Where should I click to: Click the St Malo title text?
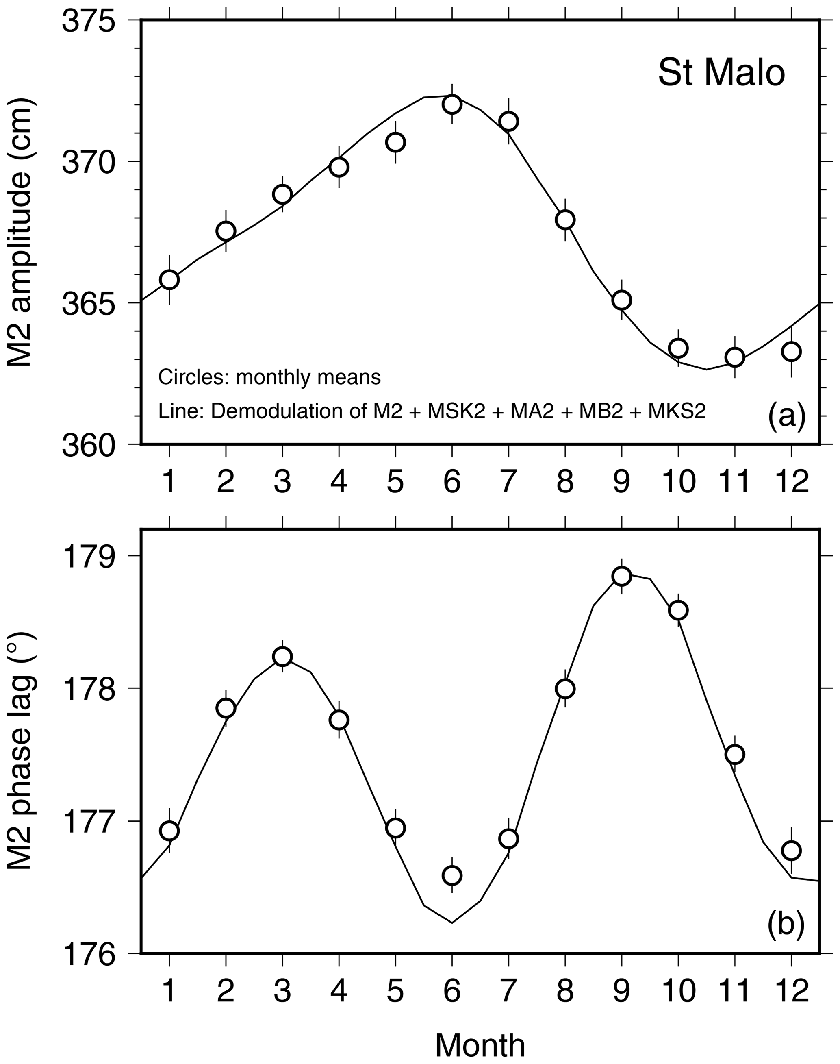pyautogui.click(x=721, y=73)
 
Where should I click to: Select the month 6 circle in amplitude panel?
pyautogui.click(x=451, y=104)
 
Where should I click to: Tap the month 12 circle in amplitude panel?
pyautogui.click(x=791, y=352)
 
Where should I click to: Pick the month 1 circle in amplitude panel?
pyautogui.click(x=169, y=279)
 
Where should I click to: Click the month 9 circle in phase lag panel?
pyautogui.click(x=622, y=576)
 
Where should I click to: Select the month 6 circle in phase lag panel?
pyautogui.click(x=451, y=876)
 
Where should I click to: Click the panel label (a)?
pyautogui.click(x=786, y=416)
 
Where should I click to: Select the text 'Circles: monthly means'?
pyautogui.click(x=269, y=377)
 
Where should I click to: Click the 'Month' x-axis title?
pyautogui.click(x=480, y=1031)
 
